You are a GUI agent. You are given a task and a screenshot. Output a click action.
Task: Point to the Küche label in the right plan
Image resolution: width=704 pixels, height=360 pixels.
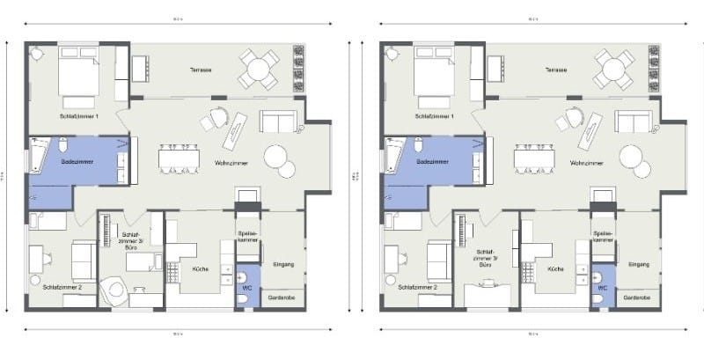pos(555,268)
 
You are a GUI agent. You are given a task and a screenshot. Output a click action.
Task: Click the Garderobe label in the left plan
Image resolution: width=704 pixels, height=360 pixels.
pos(282,298)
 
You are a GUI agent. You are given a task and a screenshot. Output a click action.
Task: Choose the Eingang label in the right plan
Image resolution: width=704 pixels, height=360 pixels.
pos(639,264)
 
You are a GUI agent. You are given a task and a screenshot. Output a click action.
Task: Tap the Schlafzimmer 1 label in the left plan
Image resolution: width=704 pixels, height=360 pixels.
pos(79,116)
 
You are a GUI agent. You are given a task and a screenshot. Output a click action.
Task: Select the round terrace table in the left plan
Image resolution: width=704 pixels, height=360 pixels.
pos(261,69)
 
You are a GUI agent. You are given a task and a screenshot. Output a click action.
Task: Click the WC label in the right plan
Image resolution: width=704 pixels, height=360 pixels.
pos(604,288)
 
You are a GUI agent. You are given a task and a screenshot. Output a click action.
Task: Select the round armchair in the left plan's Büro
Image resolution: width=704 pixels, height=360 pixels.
pos(114,291)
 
